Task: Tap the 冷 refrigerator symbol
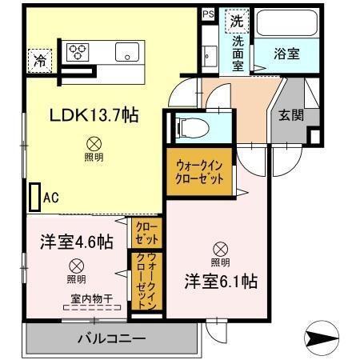[x=38, y=58]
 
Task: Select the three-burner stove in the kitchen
[x=78, y=52]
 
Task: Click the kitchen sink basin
[x=128, y=52]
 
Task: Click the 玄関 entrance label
[x=291, y=114]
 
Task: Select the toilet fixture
[x=186, y=126]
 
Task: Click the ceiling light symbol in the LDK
[x=94, y=145]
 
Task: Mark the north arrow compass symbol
[x=326, y=338]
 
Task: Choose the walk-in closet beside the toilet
[x=200, y=170]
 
